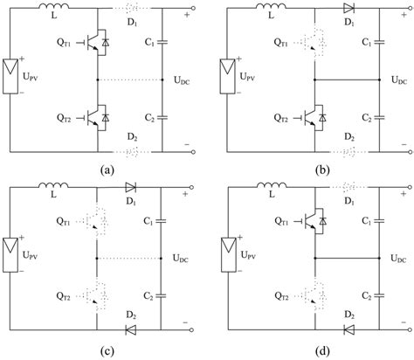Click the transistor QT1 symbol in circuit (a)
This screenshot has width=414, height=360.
tap(99, 47)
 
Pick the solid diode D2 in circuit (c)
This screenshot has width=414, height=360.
tap(131, 329)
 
